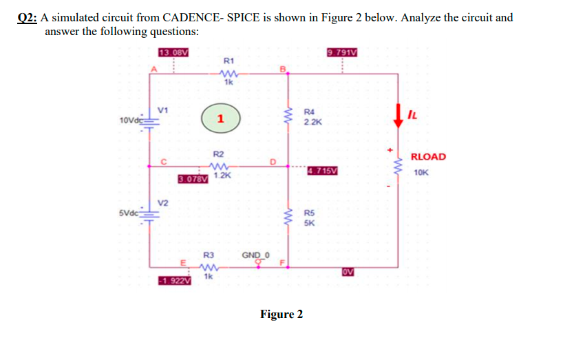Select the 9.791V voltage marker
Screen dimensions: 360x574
pos(342,52)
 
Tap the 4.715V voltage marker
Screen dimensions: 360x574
pos(322,170)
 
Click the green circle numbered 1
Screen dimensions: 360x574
pos(219,118)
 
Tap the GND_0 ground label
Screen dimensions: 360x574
pos(255,255)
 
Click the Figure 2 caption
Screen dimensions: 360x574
pos(281,315)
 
